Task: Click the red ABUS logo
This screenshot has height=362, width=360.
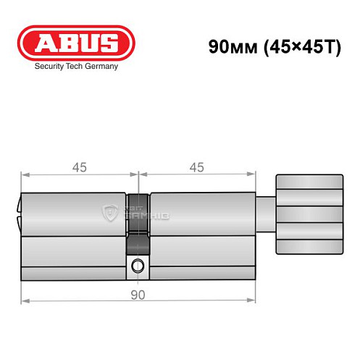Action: [x=76, y=43]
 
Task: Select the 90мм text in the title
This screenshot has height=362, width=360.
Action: [x=230, y=48]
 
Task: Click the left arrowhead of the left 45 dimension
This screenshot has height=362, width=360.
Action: [x=25, y=174]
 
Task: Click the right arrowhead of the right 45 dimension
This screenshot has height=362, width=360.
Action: [x=254, y=174]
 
